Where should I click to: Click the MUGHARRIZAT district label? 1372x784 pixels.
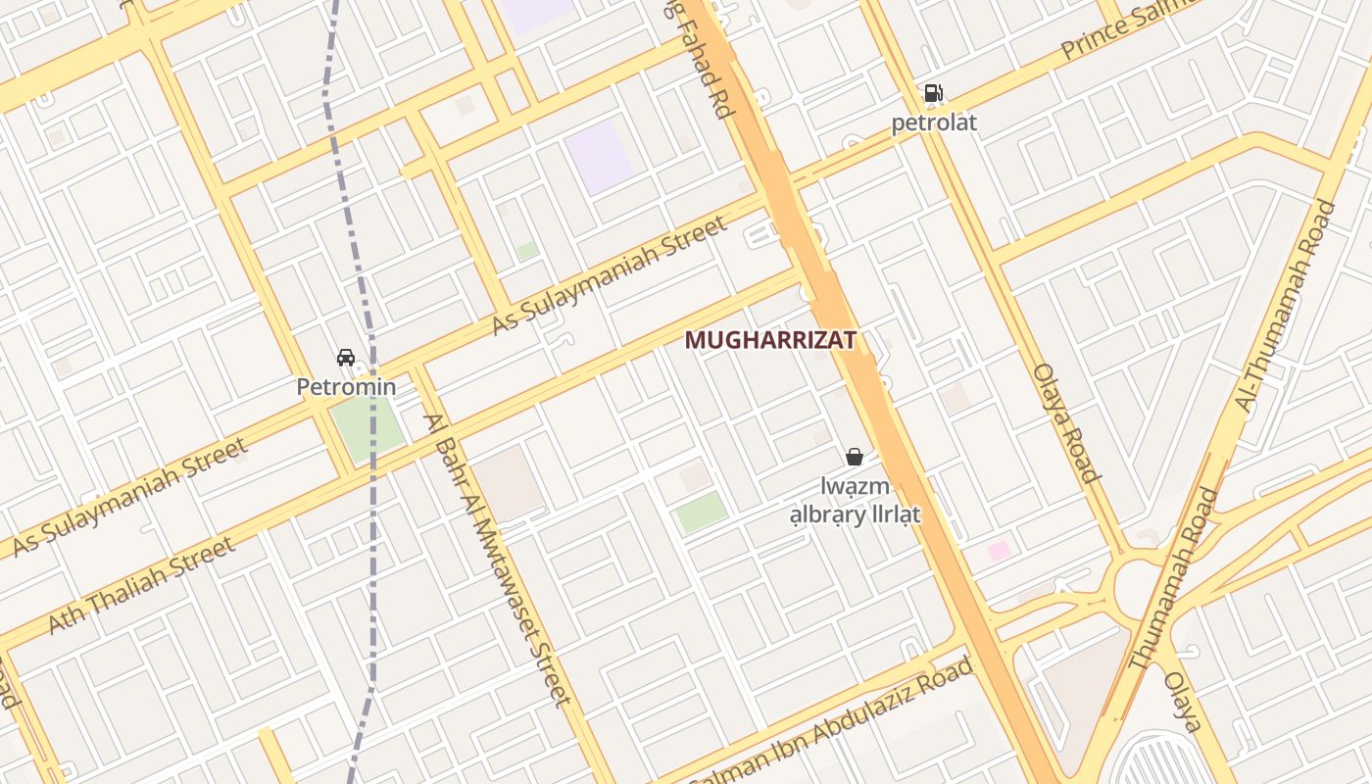(x=770, y=340)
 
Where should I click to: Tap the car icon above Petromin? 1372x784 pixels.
(x=346, y=358)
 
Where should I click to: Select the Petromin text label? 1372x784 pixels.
(x=346, y=386)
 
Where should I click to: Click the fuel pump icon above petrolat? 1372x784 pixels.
(x=933, y=94)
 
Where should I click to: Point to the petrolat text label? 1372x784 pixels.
(x=933, y=123)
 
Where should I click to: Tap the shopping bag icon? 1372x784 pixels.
(x=855, y=456)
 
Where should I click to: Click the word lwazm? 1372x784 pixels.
(x=856, y=486)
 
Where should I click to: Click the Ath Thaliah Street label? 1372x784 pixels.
(x=141, y=585)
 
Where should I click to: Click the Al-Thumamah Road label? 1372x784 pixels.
(x=1286, y=306)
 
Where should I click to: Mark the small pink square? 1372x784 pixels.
(x=999, y=551)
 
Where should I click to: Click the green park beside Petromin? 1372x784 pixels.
(x=367, y=428)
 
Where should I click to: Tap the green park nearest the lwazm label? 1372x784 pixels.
(x=702, y=512)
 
